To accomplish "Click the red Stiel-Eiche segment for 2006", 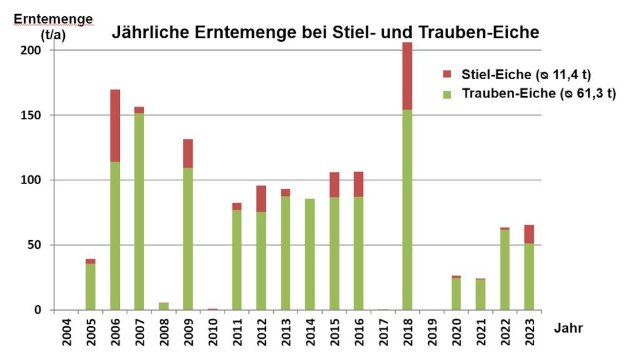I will coord(115,125).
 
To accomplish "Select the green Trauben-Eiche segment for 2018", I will coord(407,209).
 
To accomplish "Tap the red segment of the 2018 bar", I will coord(407,76).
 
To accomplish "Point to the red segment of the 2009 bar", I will coord(188,153).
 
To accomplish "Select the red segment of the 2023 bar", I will coord(529,234).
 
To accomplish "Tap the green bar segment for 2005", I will coord(90,286).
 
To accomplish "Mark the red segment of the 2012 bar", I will coord(261,198).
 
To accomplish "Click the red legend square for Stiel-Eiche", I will coord(447,75).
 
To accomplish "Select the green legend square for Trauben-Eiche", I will coord(447,94).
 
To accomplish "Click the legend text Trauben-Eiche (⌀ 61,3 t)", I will coord(539,94).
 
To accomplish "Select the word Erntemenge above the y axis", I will coord(53,19).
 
